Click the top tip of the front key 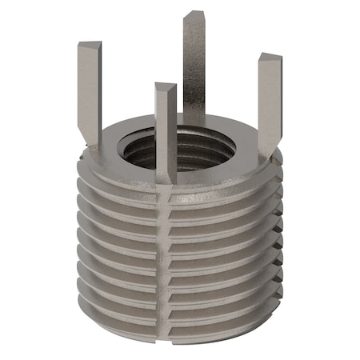[165, 87]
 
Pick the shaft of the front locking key [166, 136]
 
